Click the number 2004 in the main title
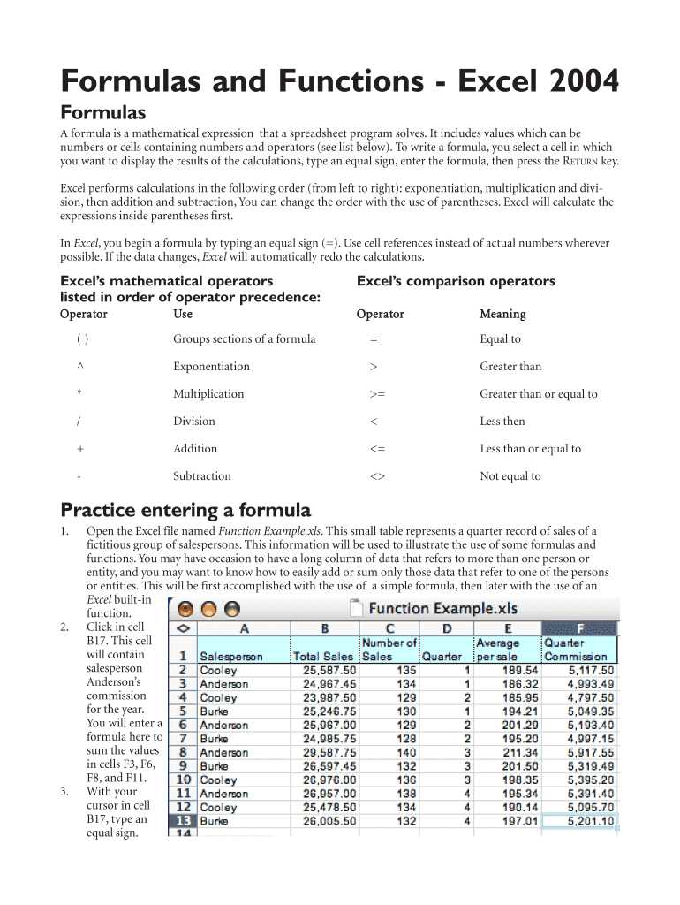[575, 82]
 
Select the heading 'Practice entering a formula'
[185, 510]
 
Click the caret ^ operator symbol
[80, 367]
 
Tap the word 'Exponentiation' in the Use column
[211, 367]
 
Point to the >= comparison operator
[377, 394]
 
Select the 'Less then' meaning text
[502, 422]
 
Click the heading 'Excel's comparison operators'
[455, 281]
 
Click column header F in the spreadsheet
[578, 628]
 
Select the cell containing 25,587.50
[324, 670]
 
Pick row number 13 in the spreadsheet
[183, 821]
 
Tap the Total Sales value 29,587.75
[324, 752]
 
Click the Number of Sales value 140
[404, 752]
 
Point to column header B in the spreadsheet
[324, 628]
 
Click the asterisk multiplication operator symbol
[80, 394]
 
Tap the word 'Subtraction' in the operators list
[202, 476]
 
